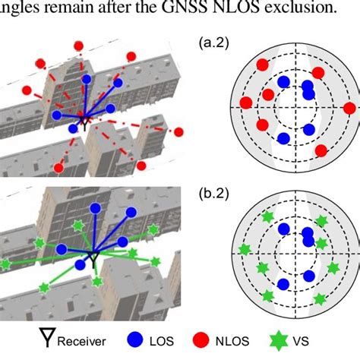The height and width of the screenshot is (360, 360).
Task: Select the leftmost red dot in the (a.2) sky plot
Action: coord(246,103)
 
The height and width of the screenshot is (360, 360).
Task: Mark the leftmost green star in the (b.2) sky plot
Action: coord(244,249)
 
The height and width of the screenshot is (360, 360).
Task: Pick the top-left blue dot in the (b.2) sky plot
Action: coord(283,228)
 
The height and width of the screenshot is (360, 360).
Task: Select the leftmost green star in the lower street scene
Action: coord(6,264)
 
